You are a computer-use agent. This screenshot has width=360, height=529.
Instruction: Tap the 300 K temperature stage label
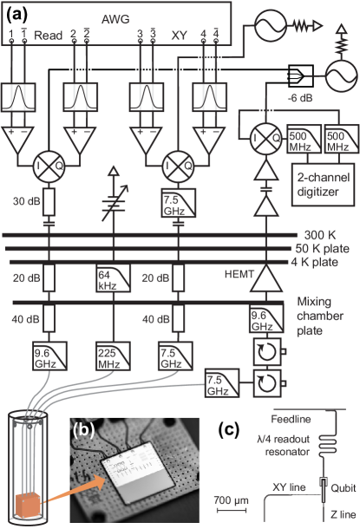[x=317, y=235]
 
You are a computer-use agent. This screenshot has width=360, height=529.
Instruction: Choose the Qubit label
[x=339, y=488]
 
